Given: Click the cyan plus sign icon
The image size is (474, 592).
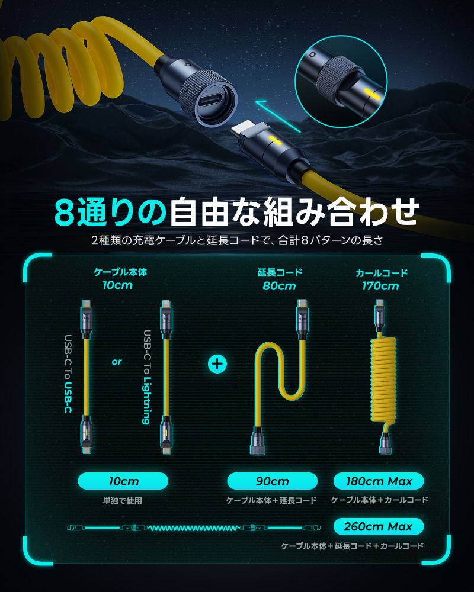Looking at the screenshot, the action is tap(217, 364).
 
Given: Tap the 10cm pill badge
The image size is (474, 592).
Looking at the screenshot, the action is tap(123, 481).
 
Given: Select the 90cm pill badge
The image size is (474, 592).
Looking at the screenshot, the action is tap(272, 481).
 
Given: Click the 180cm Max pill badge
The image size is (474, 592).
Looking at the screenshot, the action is tap(379, 481).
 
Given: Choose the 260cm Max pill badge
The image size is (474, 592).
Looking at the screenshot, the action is tap(379, 526).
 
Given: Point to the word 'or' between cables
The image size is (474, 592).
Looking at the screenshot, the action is tap(117, 362).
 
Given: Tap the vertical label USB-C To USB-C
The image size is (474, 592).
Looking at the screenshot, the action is tap(68, 374).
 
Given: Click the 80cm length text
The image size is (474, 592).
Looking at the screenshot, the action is tap(279, 286).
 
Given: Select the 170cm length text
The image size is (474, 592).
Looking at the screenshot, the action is tap(380, 286).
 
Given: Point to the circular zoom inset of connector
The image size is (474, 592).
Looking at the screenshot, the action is tap(341, 82).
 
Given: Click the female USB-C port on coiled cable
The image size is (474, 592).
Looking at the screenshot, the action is tap(213, 101).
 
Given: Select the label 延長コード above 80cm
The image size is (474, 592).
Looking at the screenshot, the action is tap(280, 272).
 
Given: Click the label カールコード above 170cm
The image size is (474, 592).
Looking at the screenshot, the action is tap(382, 272).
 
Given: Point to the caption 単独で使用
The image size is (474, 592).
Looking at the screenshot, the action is tap(123, 501).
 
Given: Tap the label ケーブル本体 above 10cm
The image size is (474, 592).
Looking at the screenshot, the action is tap(120, 272).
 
